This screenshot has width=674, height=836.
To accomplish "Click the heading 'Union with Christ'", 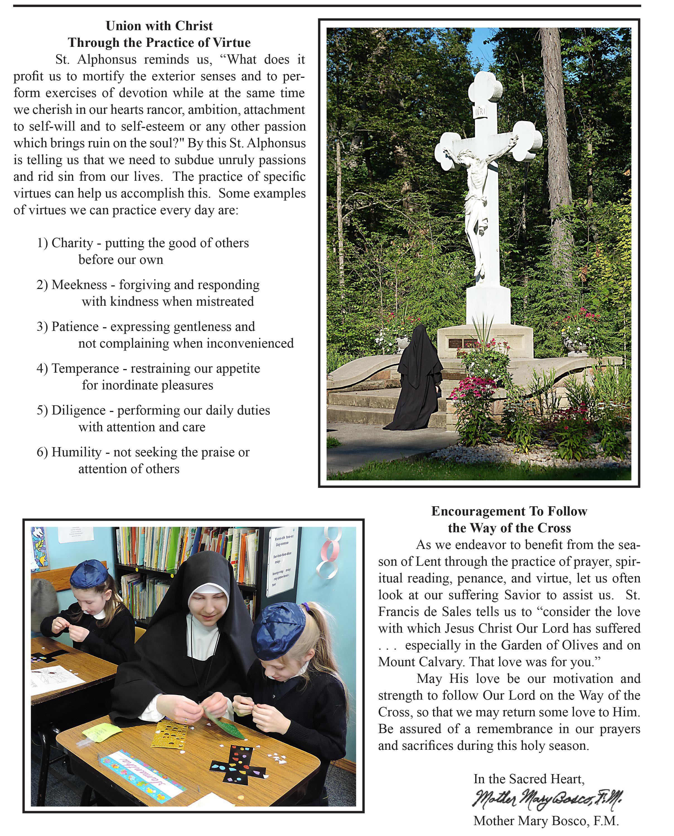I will (159, 26).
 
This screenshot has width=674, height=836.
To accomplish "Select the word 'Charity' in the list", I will (72, 243).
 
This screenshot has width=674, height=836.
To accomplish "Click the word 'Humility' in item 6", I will (76, 452).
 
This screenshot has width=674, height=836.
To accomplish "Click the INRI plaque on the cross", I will (479, 112).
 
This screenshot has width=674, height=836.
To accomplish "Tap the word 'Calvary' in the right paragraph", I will (437, 662).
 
